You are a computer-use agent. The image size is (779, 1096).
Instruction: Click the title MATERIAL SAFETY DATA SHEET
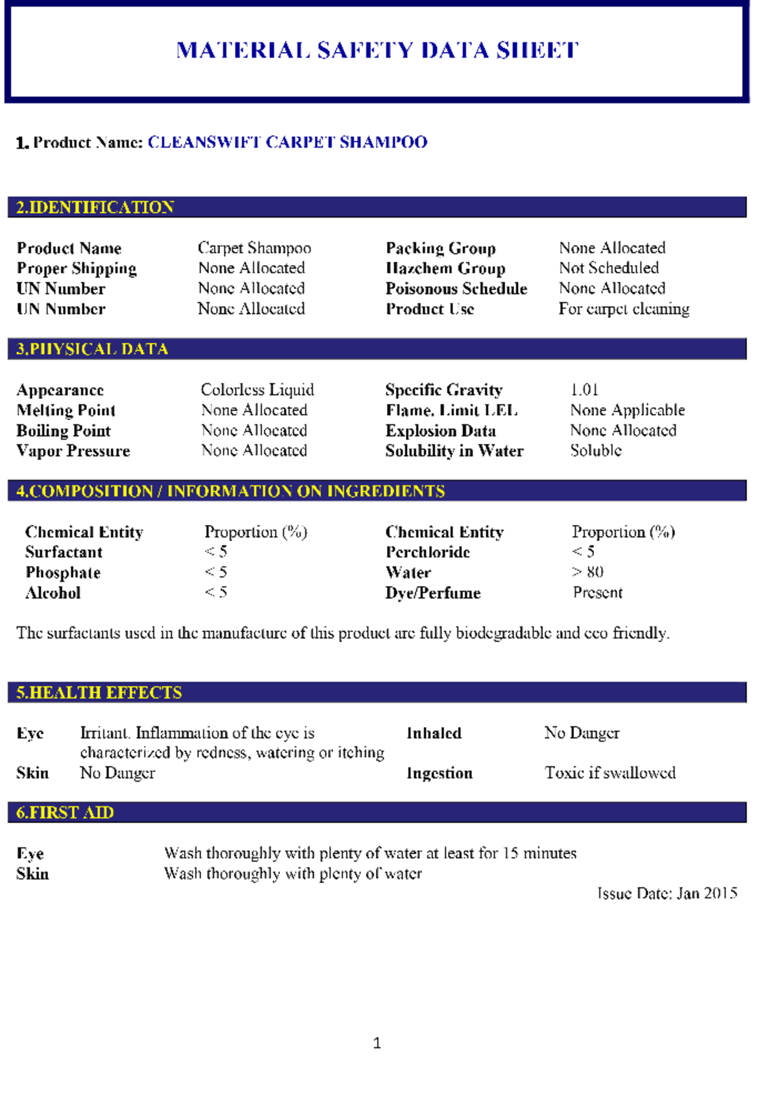coord(377,50)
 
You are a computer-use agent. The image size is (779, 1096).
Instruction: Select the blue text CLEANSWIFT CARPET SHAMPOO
coord(288,142)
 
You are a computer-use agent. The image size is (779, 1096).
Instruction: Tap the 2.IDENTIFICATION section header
coord(95,207)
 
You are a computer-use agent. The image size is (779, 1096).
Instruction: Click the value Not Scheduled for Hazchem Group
coord(609,268)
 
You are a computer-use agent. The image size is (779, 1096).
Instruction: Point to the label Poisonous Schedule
coord(456,288)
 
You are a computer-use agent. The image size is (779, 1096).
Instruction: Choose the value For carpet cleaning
coord(624,309)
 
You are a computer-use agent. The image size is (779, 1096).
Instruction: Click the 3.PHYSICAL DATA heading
coord(92,349)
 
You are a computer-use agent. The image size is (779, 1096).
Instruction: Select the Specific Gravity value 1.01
coord(584,390)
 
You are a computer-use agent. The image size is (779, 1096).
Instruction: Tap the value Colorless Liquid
coord(257,390)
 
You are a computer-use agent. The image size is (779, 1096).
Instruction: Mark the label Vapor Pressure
coord(73,451)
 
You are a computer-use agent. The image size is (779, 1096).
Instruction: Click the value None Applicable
coord(627,410)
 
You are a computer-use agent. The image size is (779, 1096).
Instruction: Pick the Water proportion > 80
coord(587,572)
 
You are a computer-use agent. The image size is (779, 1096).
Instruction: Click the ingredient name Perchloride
coord(428,552)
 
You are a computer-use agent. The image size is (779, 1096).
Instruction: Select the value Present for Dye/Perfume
coord(597,593)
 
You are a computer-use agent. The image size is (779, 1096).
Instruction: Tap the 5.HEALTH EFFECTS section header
coord(99,693)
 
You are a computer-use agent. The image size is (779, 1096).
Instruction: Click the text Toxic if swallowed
coord(610,772)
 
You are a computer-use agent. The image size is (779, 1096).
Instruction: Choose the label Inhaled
coord(434,733)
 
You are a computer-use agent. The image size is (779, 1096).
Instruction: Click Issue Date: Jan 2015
coord(667,893)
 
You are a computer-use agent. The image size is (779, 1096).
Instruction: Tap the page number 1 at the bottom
coord(377,1043)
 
